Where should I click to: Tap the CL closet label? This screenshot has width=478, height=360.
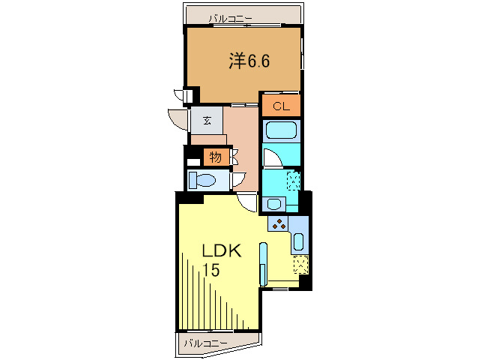281,106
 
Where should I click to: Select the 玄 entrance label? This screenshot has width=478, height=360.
206,120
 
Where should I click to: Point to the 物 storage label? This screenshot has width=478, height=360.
215,157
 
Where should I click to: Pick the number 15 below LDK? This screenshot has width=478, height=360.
211,271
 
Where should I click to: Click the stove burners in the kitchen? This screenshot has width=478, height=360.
278,223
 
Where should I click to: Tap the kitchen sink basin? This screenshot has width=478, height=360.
298,241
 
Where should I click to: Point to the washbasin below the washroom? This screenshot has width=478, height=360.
273,203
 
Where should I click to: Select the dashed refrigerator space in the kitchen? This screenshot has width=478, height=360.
301,264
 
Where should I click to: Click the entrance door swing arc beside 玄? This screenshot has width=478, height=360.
178,120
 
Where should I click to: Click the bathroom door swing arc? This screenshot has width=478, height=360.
271,157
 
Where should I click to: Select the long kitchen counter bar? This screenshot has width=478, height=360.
263,264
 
